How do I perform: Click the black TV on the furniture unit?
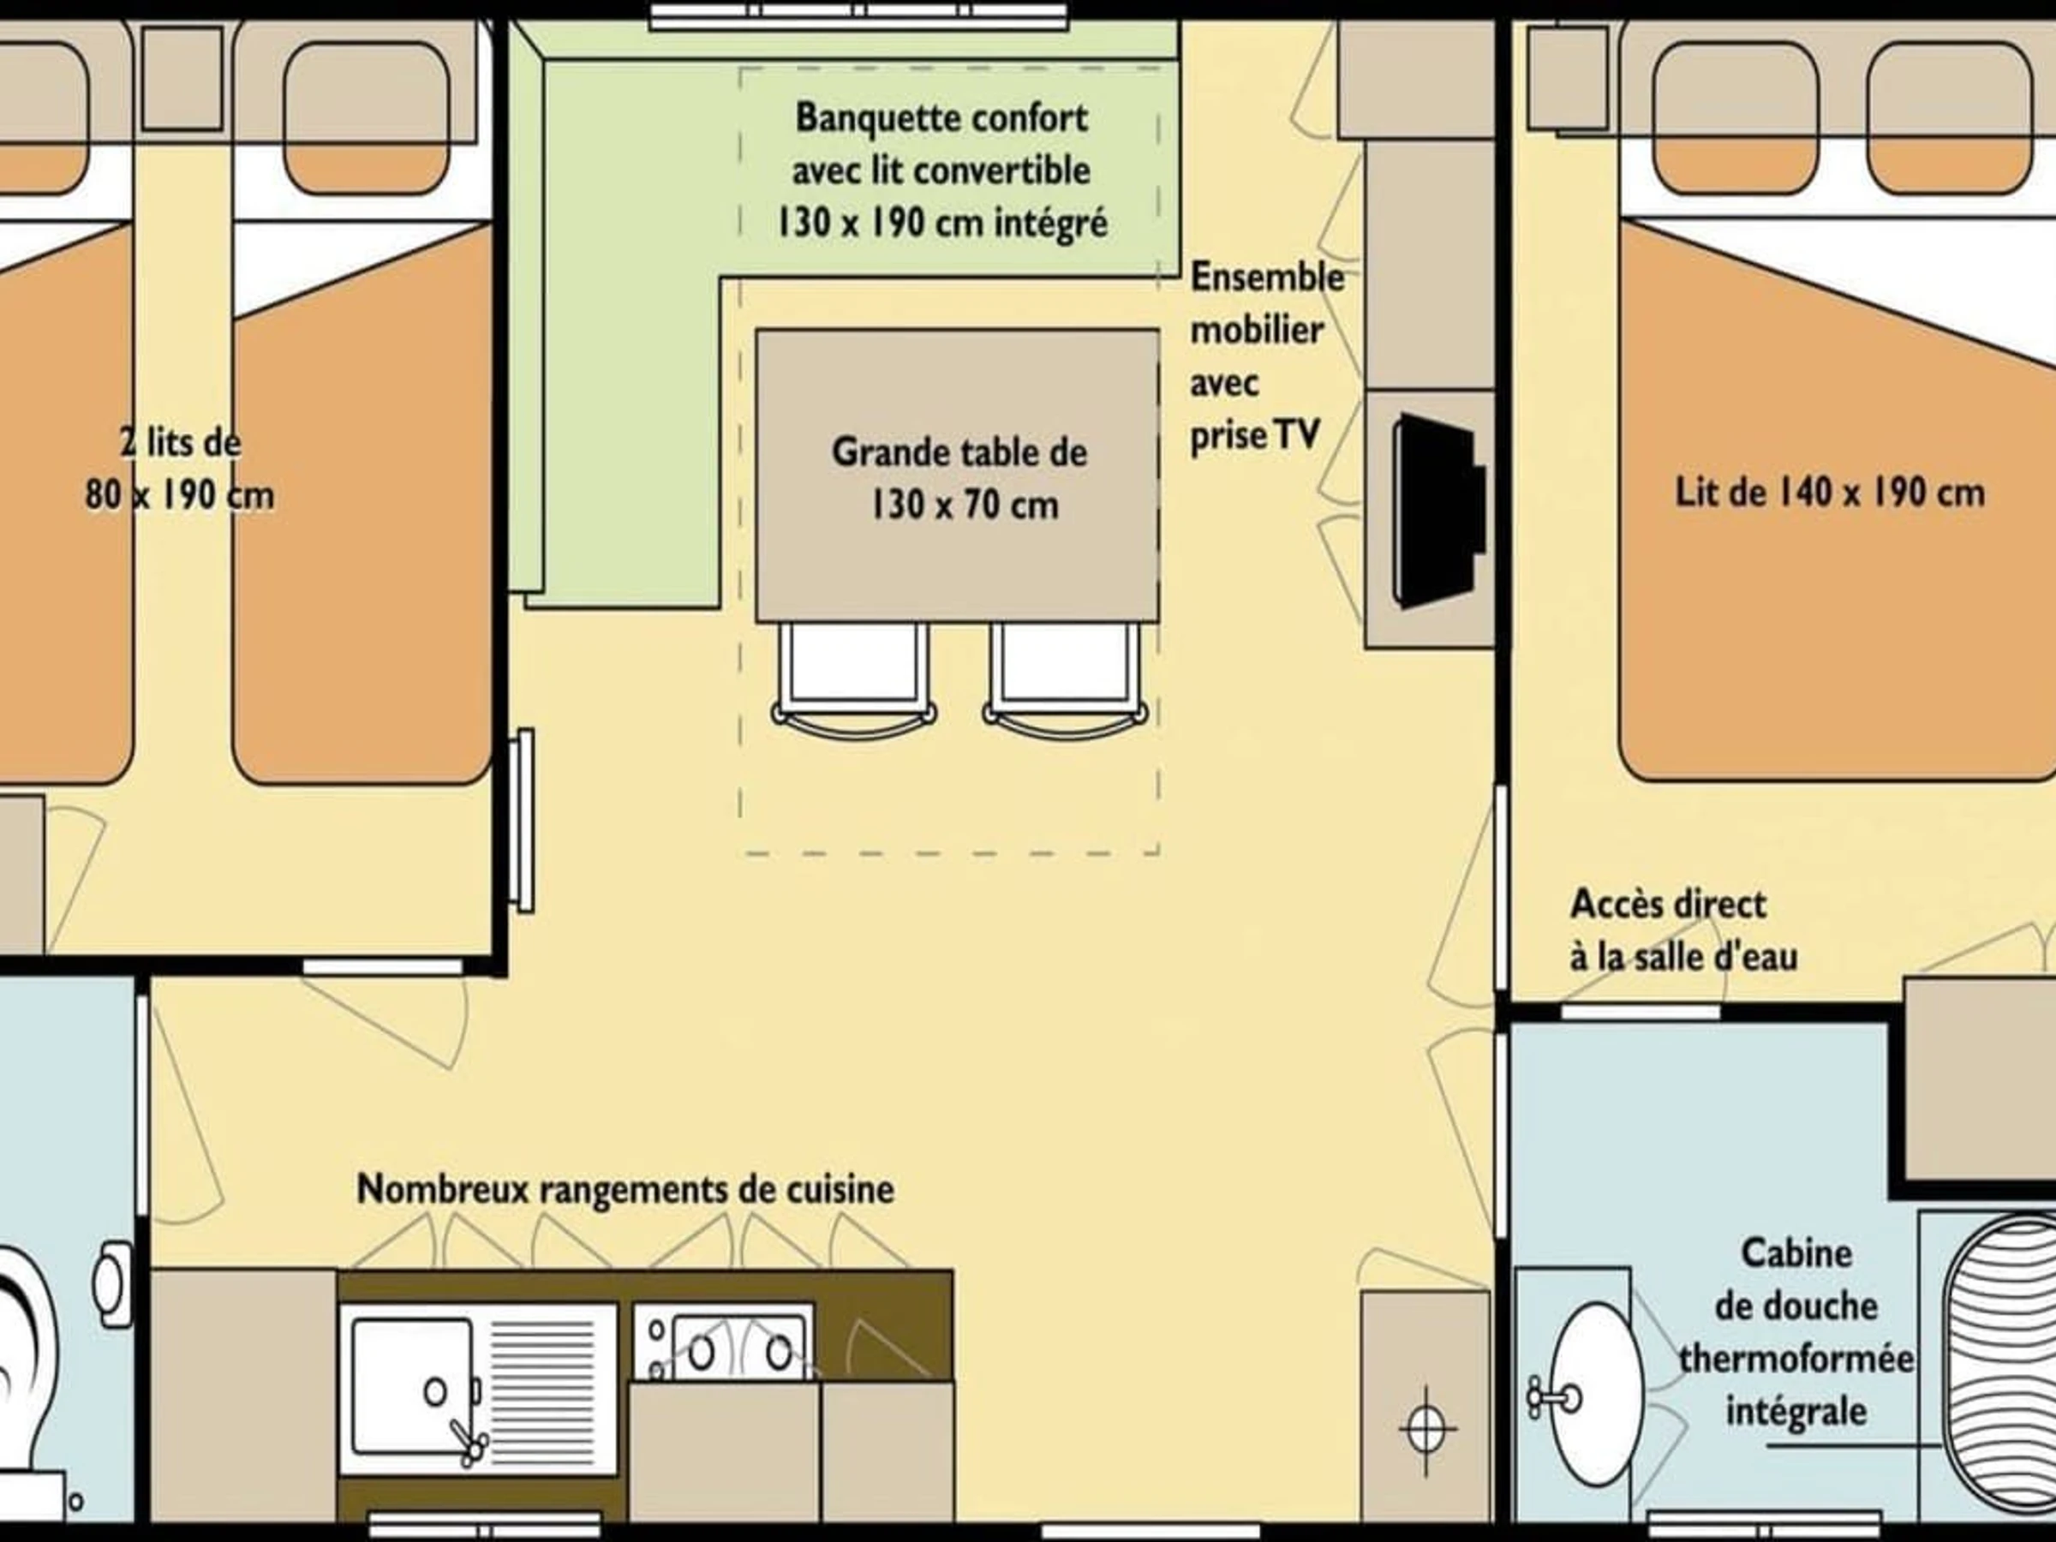[1437, 511]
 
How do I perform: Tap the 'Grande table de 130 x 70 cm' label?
[959, 479]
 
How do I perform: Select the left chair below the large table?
[853, 679]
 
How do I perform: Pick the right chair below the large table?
[1065, 679]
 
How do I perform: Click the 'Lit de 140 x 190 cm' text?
[1829, 493]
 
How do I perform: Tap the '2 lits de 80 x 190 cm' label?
[180, 468]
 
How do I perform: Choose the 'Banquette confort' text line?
[941, 119]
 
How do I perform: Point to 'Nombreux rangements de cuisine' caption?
[625, 1190]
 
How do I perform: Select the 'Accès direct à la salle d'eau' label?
[1683, 930]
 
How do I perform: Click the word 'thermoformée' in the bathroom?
[1796, 1360]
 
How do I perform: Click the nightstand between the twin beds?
[182, 78]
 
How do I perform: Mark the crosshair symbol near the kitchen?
[1426, 1430]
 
